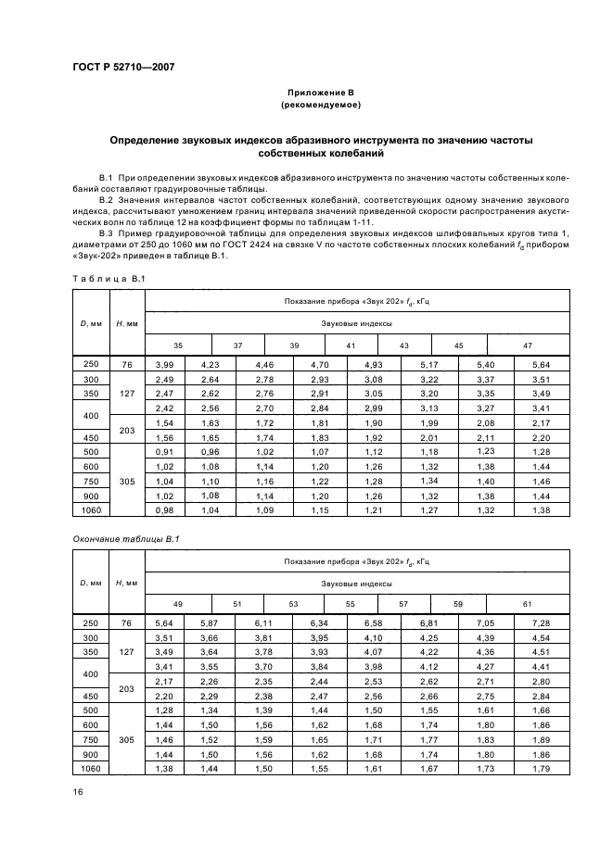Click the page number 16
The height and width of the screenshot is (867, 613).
tap(78, 790)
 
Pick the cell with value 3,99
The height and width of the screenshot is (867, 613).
tap(165, 365)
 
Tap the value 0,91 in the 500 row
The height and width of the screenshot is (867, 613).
tap(165, 451)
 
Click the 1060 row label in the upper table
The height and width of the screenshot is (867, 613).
tap(90, 510)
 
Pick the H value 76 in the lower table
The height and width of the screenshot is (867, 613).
tap(127, 623)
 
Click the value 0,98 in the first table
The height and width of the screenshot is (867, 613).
tap(165, 510)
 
